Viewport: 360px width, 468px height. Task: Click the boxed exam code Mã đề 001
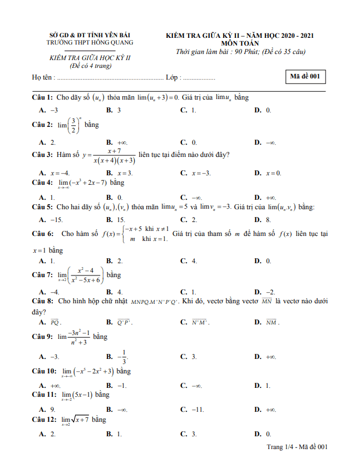point(305,77)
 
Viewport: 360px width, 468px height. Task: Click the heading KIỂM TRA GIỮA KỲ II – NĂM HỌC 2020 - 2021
point(240,35)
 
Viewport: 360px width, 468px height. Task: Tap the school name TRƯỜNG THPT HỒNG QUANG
point(90,42)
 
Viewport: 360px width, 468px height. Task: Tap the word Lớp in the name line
point(172,77)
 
